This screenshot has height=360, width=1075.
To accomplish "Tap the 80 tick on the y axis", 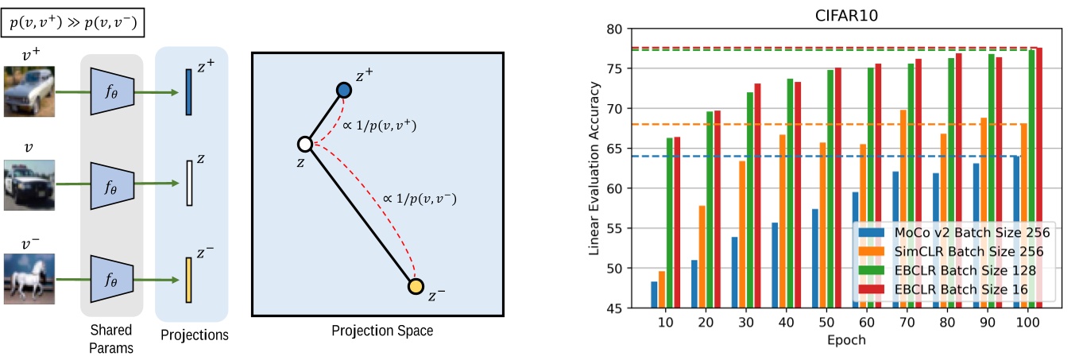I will [612, 29].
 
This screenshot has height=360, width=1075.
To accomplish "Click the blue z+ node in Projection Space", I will [343, 91].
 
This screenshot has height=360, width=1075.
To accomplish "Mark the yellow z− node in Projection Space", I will [416, 286].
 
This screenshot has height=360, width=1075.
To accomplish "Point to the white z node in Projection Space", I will [304, 144].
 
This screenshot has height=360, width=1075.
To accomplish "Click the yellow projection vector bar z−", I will [188, 280].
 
